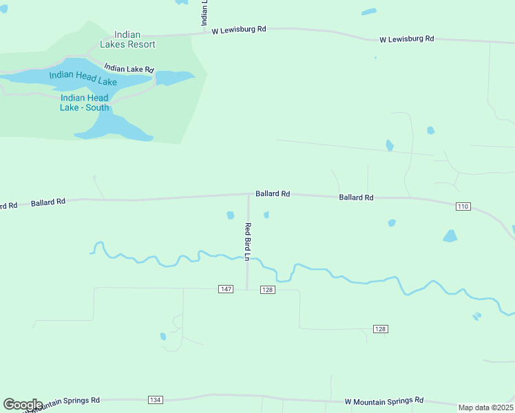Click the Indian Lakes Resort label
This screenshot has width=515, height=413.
click(x=127, y=39)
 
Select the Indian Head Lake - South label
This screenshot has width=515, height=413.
click(x=84, y=102)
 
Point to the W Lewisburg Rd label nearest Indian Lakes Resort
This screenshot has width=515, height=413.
click(x=238, y=30)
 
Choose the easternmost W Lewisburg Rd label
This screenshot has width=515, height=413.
click(x=407, y=39)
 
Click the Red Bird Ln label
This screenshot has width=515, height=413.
click(x=248, y=242)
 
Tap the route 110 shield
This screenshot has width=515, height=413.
click(x=463, y=206)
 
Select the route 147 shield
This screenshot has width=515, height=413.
click(x=226, y=289)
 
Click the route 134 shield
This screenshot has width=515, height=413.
click(x=155, y=400)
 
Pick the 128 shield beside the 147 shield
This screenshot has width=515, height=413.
click(x=268, y=290)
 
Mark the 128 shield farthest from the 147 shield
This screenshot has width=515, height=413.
click(x=381, y=329)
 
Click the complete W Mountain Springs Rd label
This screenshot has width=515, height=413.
click(x=383, y=401)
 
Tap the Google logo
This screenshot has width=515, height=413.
click(x=23, y=405)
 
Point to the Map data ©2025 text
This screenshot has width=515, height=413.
click(x=486, y=407)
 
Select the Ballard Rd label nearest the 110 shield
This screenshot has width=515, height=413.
click(x=356, y=198)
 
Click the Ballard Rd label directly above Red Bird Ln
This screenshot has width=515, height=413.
click(x=273, y=194)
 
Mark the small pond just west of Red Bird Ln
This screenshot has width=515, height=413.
click(x=231, y=215)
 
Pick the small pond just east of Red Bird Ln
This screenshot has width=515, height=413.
click(x=266, y=215)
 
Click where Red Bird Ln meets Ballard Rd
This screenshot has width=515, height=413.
click(x=249, y=195)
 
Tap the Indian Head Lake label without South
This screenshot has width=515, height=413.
click(x=83, y=81)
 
